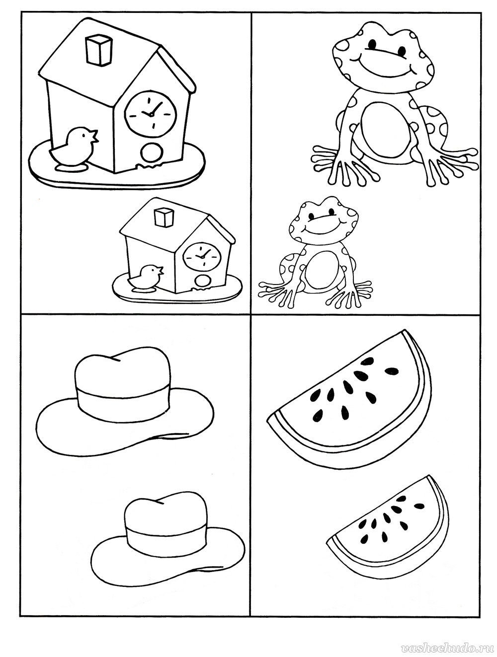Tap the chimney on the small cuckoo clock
click(164, 217)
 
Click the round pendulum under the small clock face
click(201, 282)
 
